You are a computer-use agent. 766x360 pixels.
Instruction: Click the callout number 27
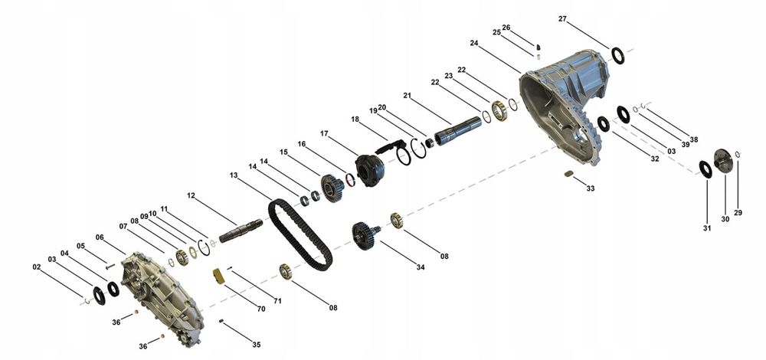coord(562,19)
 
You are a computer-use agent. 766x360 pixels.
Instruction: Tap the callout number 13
coord(234,175)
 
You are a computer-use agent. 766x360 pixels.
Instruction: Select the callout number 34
coord(421,267)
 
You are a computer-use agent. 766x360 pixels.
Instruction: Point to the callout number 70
coord(261,309)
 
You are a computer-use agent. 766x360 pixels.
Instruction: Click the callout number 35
coord(257,345)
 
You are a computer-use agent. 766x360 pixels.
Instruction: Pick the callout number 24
coord(474,43)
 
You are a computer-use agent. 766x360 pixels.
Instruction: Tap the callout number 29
coord(738,213)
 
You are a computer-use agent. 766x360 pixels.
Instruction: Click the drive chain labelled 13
coord(300,235)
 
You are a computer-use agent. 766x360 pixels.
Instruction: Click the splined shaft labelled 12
coord(241,231)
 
